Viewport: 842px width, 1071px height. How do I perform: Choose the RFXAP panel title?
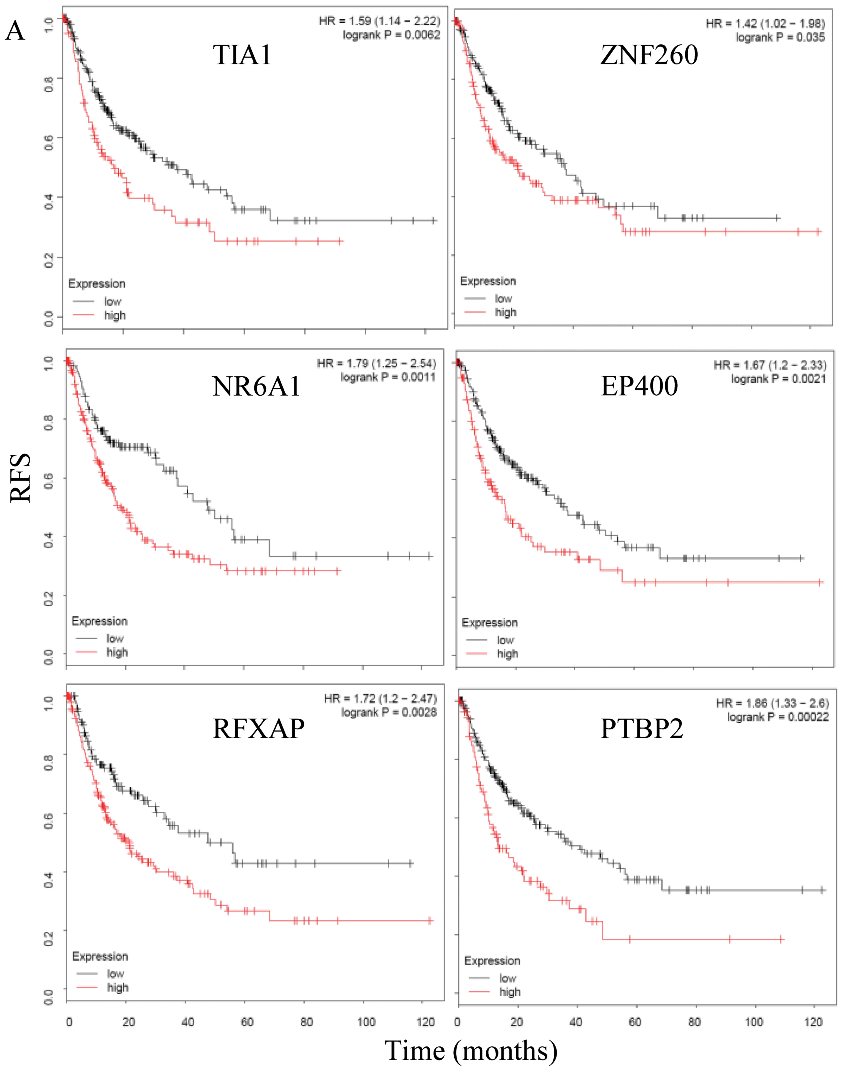[258, 728]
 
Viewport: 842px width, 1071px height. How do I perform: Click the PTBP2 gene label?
[642, 728]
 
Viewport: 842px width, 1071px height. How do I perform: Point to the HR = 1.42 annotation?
[765, 23]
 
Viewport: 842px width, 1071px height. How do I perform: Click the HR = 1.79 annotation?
[377, 364]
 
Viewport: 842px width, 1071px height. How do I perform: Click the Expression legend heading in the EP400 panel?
[490, 622]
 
